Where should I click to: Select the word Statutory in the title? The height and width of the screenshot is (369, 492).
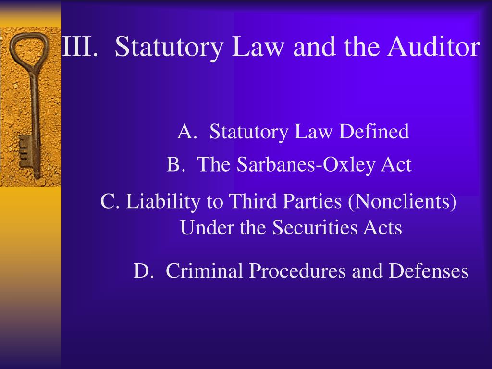[x=169, y=47]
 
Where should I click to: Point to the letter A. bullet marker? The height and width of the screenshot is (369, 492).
[x=186, y=132]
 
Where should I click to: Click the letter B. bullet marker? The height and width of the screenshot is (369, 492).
[x=176, y=165]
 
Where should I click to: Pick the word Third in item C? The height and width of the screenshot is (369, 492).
[x=247, y=201]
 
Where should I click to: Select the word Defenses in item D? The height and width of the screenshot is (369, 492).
[x=429, y=271]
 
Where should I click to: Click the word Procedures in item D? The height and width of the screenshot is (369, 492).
[x=298, y=271]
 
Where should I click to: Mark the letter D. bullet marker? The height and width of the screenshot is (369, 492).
[x=143, y=271]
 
